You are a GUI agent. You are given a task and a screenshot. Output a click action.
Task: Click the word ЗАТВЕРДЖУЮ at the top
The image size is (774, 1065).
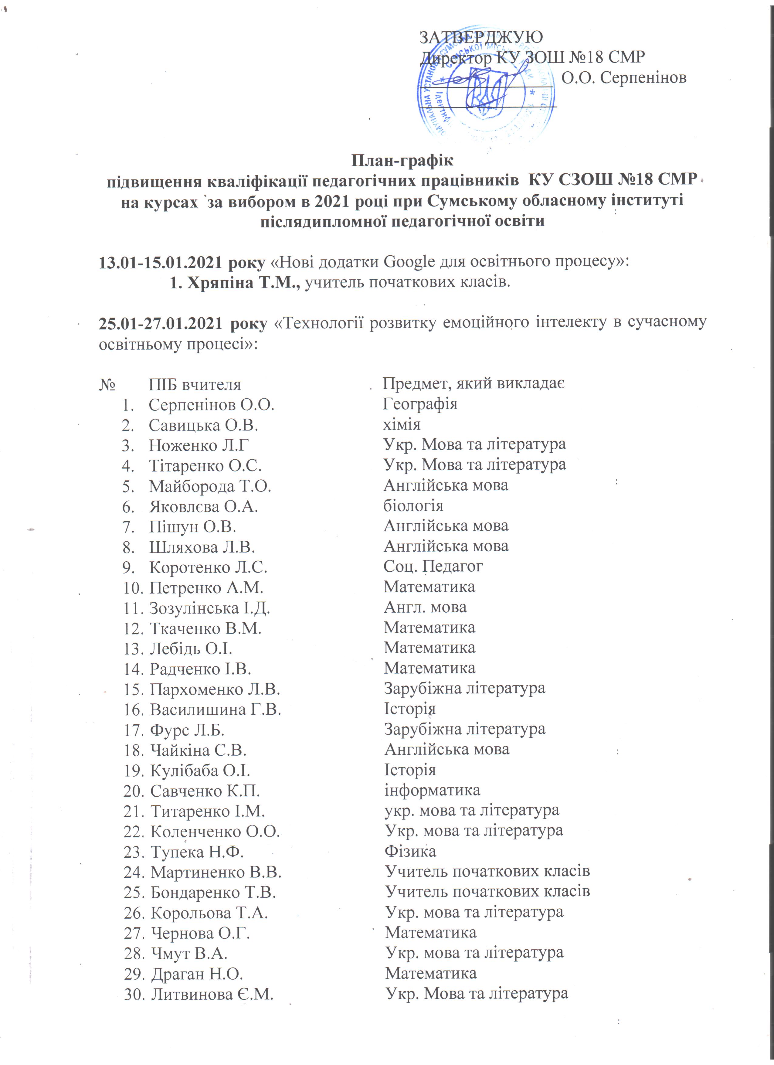(x=481, y=37)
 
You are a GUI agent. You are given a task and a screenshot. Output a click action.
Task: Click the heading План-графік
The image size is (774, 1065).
(x=402, y=161)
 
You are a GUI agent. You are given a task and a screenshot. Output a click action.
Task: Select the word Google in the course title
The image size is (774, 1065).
(x=409, y=262)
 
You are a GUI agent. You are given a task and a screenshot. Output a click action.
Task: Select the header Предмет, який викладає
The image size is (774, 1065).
(x=473, y=384)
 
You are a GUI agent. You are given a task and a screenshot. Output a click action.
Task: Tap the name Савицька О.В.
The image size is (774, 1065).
(x=204, y=425)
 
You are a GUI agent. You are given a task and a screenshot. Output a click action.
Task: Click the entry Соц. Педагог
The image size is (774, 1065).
(x=433, y=566)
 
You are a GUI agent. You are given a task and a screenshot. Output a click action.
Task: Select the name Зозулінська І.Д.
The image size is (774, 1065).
(x=209, y=608)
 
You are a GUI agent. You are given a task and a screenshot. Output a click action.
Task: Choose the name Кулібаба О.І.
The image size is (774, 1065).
(x=200, y=771)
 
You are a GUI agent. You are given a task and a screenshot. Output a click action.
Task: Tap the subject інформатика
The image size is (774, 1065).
(x=432, y=790)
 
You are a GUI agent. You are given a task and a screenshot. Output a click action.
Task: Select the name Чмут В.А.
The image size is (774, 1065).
(x=189, y=953)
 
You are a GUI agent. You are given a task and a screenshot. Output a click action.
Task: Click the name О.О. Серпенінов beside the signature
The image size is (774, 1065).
(x=624, y=77)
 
